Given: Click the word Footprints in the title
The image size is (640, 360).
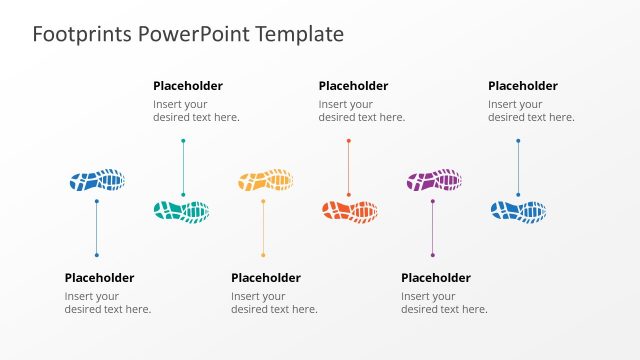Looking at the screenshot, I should pos(74,34).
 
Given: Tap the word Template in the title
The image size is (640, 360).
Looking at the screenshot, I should pos(299,34).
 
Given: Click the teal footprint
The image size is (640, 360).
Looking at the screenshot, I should pos(181,211).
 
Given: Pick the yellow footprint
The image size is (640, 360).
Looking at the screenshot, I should pos(266,181).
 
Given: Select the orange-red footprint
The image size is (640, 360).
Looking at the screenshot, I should pos(350,211).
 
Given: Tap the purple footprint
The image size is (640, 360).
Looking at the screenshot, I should pos(434,181).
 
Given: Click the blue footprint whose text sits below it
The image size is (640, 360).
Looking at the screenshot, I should pos(97,181).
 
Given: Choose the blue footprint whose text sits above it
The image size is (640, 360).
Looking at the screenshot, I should pos(518,211).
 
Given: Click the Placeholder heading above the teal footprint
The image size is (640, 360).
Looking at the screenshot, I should pos(188,86).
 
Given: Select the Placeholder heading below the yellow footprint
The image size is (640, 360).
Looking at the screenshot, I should pos(266,278).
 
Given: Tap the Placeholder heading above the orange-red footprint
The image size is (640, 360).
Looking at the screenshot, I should pos(353,86).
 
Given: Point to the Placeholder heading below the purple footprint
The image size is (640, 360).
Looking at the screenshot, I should pos(436,278).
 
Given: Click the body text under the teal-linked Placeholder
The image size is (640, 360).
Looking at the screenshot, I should pos(196,111).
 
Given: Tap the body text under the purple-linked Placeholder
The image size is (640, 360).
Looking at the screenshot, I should pos(444,303).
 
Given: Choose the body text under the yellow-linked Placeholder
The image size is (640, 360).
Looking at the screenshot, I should pos(274,303).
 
